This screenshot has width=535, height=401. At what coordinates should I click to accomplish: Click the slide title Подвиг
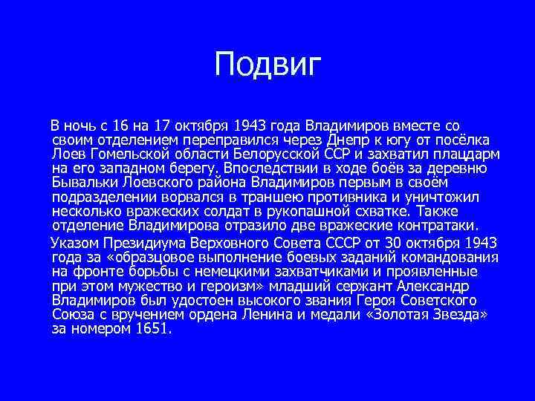pos(267,65)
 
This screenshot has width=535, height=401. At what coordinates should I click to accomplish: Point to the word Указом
pos(73,243)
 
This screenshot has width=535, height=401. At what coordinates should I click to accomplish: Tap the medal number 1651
pos(152,328)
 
